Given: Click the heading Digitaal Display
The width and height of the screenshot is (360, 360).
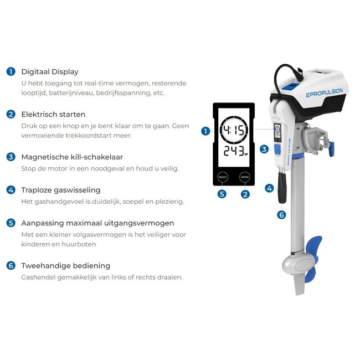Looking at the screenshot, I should click(50, 71).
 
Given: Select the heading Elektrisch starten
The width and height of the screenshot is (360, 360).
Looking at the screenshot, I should click(53, 114).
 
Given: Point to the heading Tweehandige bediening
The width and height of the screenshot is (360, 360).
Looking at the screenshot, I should click(65, 265).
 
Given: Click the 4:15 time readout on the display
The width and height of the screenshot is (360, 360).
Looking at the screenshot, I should click(234, 132).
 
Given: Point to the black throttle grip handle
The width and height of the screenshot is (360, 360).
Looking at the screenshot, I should click(281, 186).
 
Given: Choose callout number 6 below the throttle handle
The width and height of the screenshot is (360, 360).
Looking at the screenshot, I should click(281, 214).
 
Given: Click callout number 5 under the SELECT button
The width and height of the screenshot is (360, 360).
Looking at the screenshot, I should click(222, 194).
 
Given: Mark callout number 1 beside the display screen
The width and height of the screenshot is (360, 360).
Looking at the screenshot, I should click(205, 131).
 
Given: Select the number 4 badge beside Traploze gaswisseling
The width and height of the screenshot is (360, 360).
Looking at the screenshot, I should click(11, 190).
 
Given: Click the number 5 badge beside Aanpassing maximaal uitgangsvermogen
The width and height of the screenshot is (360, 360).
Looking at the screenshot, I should click(11, 223).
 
